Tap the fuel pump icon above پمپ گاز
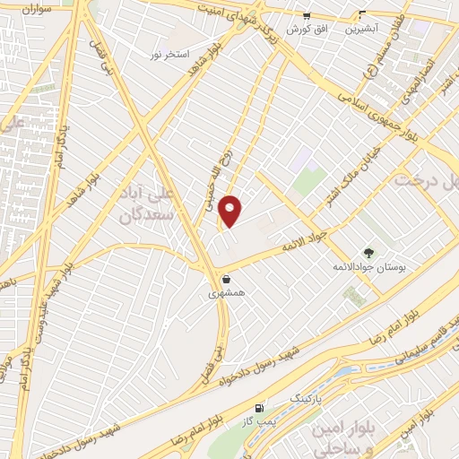tap(260, 406)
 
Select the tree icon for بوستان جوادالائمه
tap(368, 253)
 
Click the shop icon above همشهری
tap(225, 279)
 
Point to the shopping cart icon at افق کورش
tap(307, 15)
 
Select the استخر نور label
tap(169, 55)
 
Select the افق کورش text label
tap(307, 29)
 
